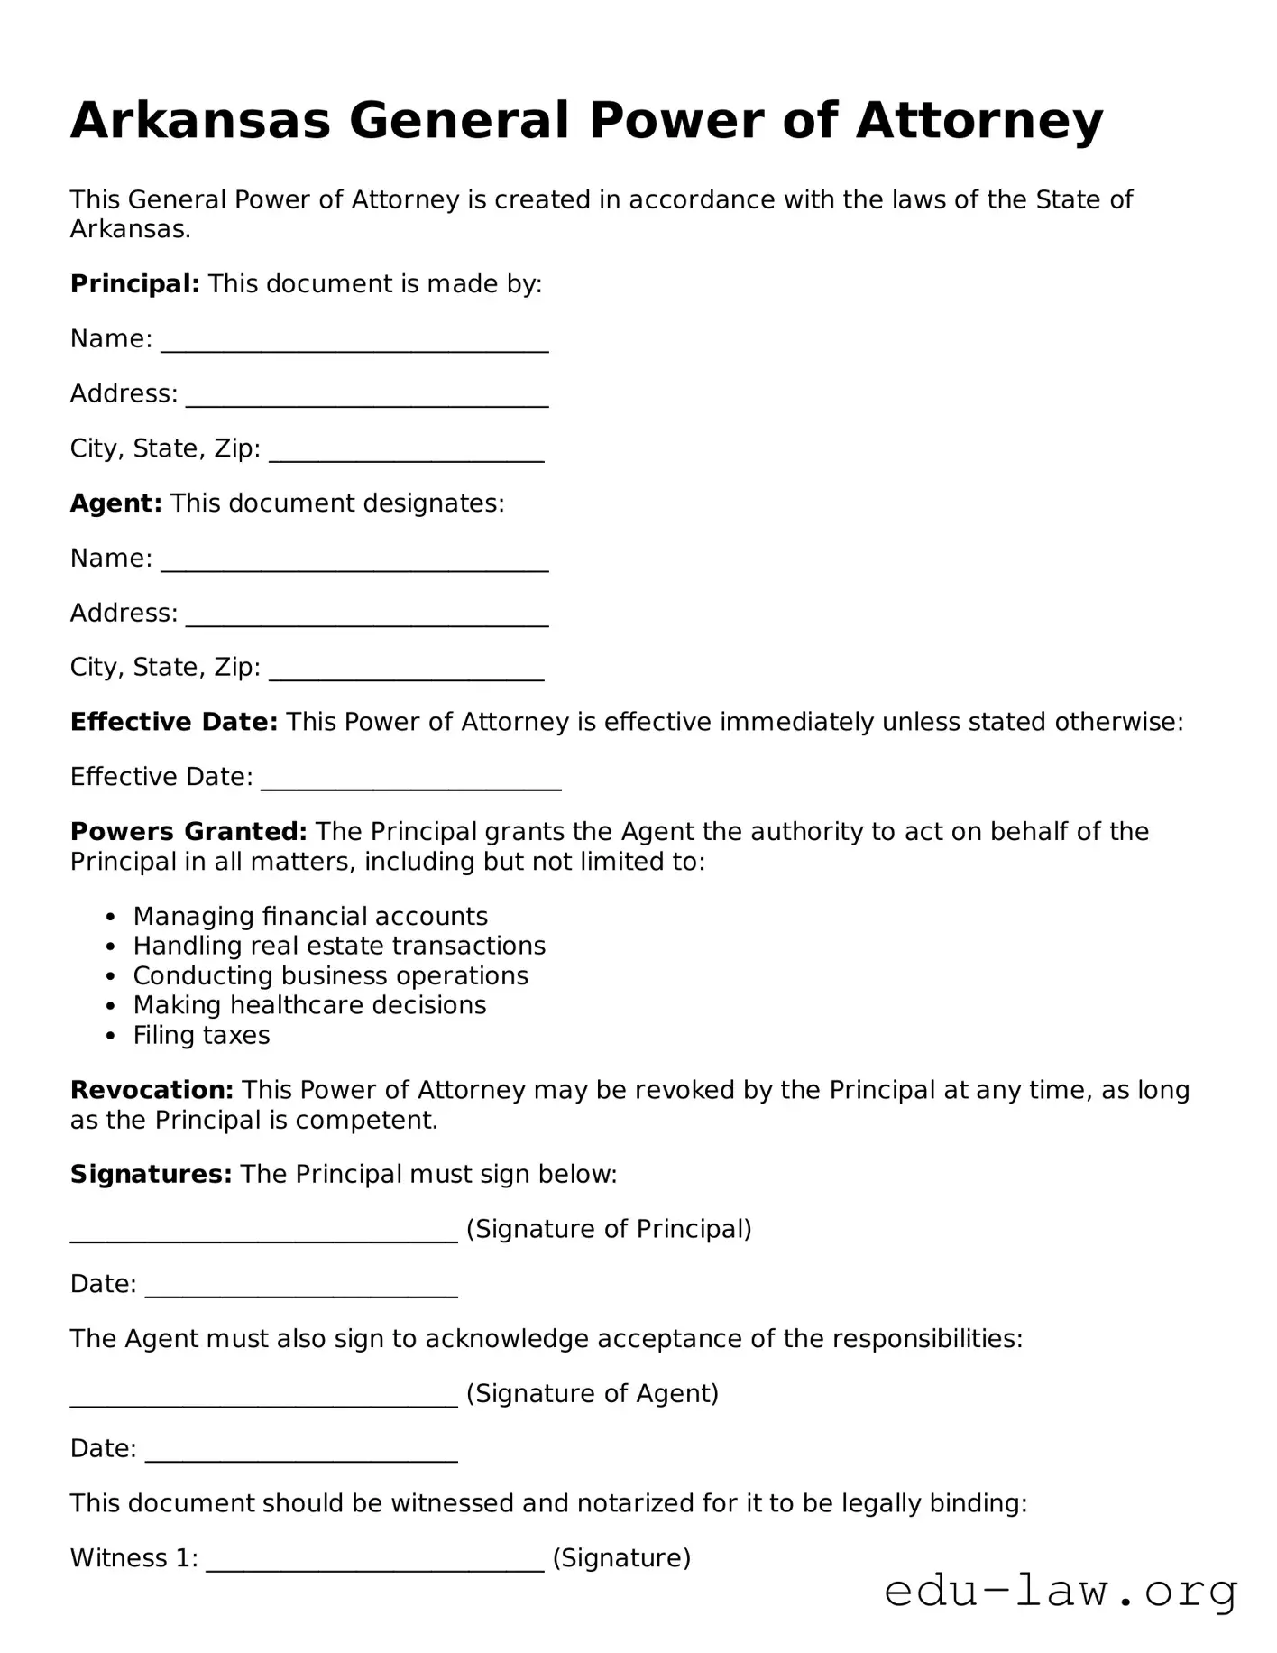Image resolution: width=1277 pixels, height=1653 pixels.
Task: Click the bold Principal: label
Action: (134, 284)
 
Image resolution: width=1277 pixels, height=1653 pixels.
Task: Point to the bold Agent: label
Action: (115, 503)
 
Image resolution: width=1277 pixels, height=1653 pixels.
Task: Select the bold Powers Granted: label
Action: (188, 832)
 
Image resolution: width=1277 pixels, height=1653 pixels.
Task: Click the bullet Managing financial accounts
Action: (310, 917)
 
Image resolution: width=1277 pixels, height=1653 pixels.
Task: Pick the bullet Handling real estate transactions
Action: (339, 947)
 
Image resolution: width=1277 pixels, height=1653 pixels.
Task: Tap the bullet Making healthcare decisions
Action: (309, 1006)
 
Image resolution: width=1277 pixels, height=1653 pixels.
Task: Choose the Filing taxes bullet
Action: (201, 1036)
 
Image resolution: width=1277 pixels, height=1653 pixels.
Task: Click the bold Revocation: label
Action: (152, 1091)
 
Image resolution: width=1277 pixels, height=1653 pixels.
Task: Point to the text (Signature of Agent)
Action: (593, 1394)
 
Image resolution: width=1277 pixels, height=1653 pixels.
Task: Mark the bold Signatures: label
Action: (151, 1175)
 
